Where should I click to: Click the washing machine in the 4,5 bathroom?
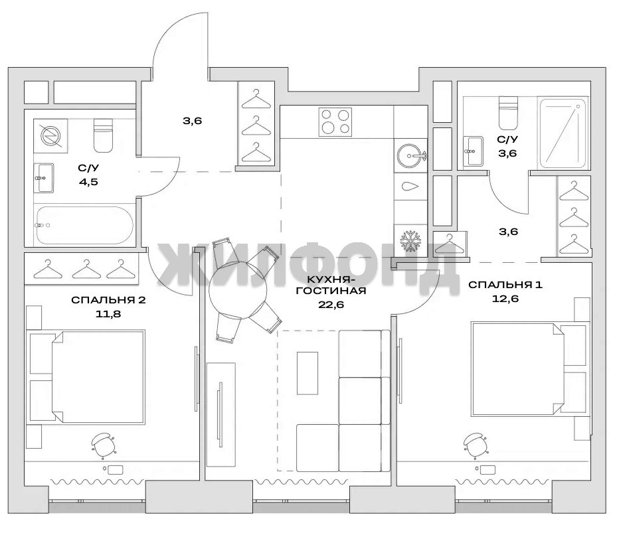(50, 135)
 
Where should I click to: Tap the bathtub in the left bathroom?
(84, 225)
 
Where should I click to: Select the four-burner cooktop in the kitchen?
(335, 122)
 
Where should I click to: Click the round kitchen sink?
(411, 156)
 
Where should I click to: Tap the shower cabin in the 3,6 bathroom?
(565, 133)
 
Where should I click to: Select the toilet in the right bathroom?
(508, 114)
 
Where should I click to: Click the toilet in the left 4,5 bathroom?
(104, 135)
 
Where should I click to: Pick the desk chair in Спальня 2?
(103, 445)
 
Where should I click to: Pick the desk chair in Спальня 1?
(476, 445)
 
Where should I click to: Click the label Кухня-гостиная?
(331, 285)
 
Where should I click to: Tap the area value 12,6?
(505, 299)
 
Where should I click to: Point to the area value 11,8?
(108, 314)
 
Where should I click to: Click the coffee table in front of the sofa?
(308, 372)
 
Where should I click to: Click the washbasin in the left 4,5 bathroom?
(43, 178)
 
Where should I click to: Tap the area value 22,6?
(331, 305)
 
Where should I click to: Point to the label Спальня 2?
(108, 300)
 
